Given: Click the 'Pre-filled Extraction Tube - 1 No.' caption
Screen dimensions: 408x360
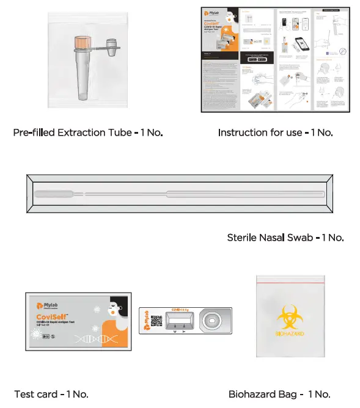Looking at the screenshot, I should tap(88, 133).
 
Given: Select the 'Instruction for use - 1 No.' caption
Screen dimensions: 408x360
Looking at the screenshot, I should tap(275, 133).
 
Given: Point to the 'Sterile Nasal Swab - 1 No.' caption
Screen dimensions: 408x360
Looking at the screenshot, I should tap(285, 237).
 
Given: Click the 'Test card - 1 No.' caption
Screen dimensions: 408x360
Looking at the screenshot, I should tap(51, 394).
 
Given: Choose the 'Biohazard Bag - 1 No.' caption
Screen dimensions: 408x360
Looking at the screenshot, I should tap(279, 394).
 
